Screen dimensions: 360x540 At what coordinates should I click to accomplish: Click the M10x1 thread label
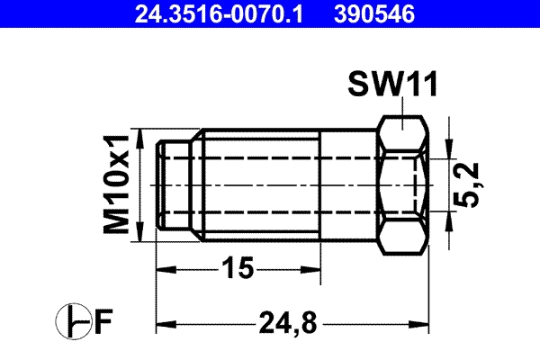click(x=116, y=185)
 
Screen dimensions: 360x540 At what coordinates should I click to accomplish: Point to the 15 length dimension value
click(x=238, y=268)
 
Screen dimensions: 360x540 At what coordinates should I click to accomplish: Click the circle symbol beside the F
click(x=73, y=321)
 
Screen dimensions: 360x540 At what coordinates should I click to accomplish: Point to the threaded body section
click(x=261, y=185)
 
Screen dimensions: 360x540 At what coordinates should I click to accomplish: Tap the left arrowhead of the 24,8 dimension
click(x=165, y=321)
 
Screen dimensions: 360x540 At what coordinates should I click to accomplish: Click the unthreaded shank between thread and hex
click(x=351, y=185)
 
